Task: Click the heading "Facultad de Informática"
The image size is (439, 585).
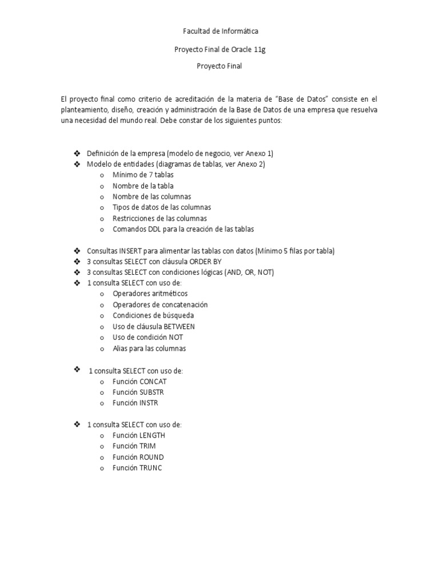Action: (x=220, y=31)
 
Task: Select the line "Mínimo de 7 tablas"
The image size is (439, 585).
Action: (x=143, y=175)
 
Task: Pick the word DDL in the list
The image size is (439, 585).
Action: (x=154, y=229)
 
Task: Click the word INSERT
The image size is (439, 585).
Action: (x=130, y=251)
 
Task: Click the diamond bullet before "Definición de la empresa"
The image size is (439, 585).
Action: (x=77, y=153)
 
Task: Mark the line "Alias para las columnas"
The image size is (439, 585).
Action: (x=149, y=348)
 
